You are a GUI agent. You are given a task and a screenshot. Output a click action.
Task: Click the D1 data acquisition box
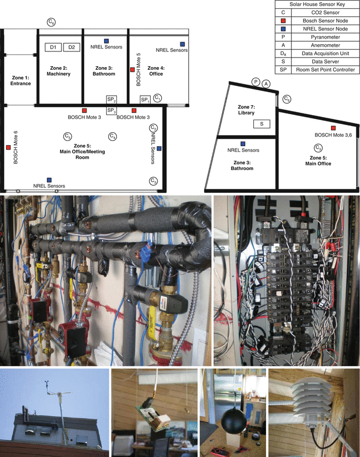click(x=53, y=47)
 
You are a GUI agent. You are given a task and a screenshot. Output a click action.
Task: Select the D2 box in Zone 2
click(x=72, y=47)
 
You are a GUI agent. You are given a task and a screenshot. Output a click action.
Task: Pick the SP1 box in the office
click(x=145, y=99)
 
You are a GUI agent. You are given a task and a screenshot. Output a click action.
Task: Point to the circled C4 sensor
click(x=112, y=136)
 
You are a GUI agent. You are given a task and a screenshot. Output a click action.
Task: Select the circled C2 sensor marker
click(x=153, y=128)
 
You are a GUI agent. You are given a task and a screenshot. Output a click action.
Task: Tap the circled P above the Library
click(x=256, y=82)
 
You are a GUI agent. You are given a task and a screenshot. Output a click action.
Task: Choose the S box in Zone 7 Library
click(x=261, y=123)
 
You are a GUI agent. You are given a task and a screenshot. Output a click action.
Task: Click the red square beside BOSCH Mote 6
click(x=8, y=148)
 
